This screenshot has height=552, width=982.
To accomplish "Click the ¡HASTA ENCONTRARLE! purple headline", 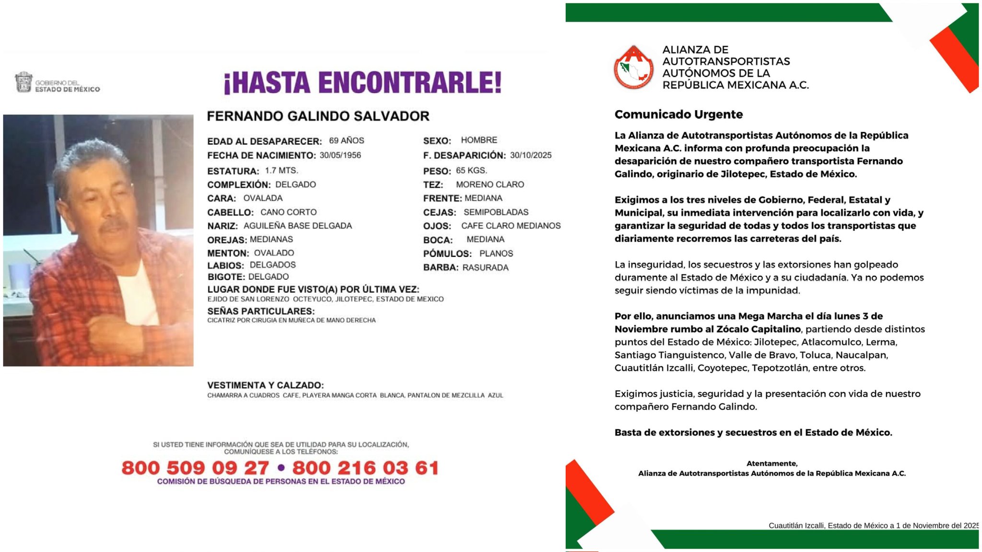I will tap(362, 82).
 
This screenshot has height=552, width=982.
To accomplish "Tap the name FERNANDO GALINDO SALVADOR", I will tap(318, 116).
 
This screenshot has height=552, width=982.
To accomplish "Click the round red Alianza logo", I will tap(633, 68).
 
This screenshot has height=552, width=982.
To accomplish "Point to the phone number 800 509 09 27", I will tap(195, 468).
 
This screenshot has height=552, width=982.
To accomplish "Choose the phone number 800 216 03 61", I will tap(365, 468).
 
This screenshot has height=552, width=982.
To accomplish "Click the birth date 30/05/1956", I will tap(340, 155).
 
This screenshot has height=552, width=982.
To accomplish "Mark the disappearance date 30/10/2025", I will tap(530, 155).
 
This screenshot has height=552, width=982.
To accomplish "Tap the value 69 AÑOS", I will tap(346, 141).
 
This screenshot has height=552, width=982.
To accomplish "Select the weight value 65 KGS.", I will tap(471, 171).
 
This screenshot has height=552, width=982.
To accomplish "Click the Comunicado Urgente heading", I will tap(678, 115).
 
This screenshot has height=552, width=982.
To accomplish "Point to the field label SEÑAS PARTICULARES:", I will tap(261, 311).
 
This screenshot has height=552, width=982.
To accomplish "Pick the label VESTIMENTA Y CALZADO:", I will tap(265, 385).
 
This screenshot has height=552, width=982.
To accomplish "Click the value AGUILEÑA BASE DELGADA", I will tap(297, 226).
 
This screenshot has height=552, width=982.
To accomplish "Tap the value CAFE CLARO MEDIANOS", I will tap(511, 226).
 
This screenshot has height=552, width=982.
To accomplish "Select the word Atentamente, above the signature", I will tap(772, 463).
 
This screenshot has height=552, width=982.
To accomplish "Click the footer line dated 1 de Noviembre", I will tap(873, 525).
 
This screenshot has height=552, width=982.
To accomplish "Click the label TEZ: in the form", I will tap(433, 185).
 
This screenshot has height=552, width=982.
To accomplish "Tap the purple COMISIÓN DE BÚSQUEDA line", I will tap(281, 481).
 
